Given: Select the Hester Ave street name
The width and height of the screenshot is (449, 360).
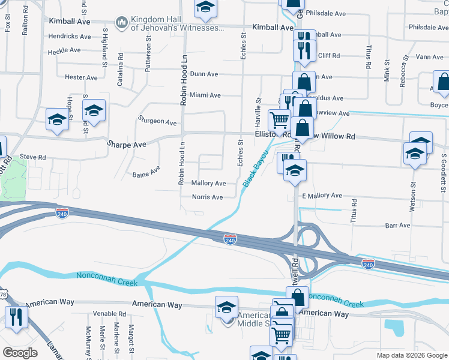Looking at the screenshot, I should [x=80, y=77].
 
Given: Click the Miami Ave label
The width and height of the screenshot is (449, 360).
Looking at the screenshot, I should [x=205, y=95].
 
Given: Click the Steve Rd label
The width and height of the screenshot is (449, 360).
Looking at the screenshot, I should [x=33, y=157].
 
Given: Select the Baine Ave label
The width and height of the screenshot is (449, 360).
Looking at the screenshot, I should [x=146, y=173].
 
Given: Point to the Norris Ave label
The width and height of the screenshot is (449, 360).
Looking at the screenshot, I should [x=207, y=197].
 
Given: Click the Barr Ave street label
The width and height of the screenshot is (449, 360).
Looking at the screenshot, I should [x=397, y=226].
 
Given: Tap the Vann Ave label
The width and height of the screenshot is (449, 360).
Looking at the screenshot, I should [x=429, y=57].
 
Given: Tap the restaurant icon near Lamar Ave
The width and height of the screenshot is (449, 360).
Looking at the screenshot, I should [x=15, y=317].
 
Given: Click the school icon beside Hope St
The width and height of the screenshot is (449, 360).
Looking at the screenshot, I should [x=56, y=119].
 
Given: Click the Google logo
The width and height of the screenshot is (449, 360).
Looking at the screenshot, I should [x=20, y=353].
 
